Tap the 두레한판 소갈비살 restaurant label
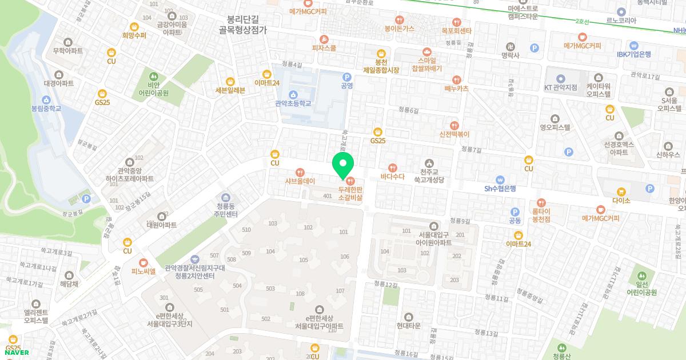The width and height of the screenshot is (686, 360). coord(350,192)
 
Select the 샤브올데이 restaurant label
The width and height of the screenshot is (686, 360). coord(300,181)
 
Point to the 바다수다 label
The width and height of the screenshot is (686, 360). coord(392,176)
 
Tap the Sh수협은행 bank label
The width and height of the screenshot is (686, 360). coord(500,188)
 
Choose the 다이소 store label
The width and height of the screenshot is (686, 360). coord(620,201)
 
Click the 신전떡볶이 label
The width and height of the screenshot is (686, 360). coord(454,134)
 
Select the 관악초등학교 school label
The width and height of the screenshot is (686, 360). coord(293,103)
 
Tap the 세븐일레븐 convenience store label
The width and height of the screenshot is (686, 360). coord(230,90)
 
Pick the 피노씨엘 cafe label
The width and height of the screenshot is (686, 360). coord(143,271)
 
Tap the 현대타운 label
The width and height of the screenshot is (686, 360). coord(408,325)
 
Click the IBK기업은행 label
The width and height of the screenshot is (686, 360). coord(633,54)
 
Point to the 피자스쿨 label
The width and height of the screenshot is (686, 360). coord(324,48)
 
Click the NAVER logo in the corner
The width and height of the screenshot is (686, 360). coord(17,353)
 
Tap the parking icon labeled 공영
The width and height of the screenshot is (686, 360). coord(346,85)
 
